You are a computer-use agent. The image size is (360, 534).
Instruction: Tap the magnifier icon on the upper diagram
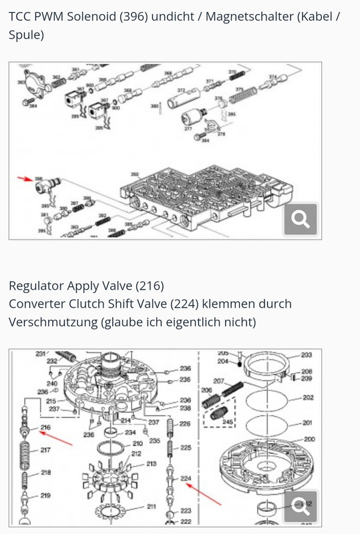click(300, 218)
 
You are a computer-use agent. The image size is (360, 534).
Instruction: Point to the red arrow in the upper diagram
click(25, 178)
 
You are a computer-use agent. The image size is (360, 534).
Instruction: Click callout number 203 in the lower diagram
click(307, 355)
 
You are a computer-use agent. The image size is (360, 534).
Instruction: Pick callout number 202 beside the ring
click(308, 397)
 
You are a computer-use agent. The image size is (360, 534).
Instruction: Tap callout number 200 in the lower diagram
click(309, 439)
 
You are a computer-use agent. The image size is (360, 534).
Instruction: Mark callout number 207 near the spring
click(218, 381)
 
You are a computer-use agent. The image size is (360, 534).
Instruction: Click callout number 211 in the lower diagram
click(152, 506)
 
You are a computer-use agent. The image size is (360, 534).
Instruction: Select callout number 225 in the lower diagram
click(185, 447)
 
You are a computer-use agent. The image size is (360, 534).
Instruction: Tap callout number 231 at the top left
click(40, 354)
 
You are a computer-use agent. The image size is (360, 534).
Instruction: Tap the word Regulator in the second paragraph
click(35, 286)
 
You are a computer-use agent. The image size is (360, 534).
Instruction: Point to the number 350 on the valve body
click(134, 174)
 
